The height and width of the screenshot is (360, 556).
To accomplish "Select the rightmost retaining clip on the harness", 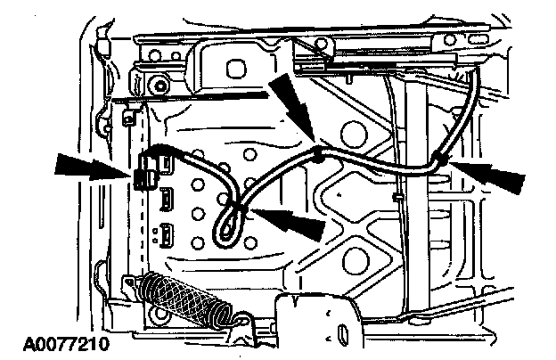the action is click(439, 160).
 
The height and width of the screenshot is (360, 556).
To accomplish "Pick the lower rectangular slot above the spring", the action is click(167, 237).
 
